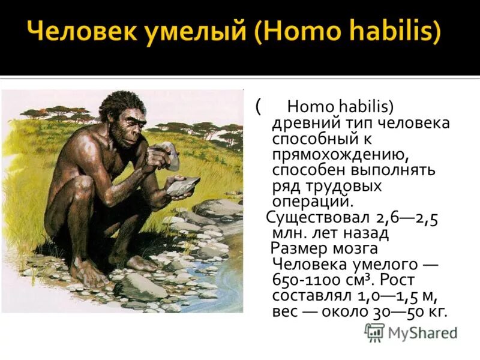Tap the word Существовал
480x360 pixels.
[319, 218]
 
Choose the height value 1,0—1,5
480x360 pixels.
[392, 296]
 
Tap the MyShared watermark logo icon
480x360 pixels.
[375, 332]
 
